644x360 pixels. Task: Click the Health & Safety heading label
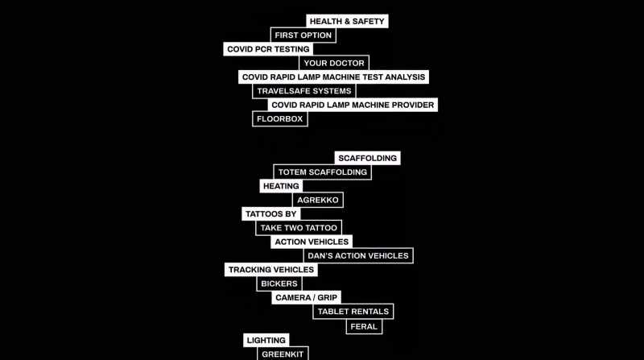pos(347,22)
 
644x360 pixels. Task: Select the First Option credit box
pos(303,35)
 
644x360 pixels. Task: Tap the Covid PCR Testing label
pos(268,49)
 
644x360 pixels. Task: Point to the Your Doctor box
pos(334,64)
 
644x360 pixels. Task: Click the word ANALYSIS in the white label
pos(405,77)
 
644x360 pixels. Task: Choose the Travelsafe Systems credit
pos(304,91)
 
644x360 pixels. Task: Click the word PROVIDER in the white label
pos(413,106)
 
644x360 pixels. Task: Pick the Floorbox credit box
pos(279,119)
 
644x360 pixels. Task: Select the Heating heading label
pos(281,186)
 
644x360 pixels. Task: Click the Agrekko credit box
pos(318,201)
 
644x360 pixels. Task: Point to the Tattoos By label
pos(271,214)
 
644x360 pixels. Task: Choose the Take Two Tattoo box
pos(299,228)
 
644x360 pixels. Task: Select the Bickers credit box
pos(279,284)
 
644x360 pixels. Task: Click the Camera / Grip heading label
pos(307,297)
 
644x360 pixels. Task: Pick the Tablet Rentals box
pos(353,312)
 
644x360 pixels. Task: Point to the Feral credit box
pos(364,327)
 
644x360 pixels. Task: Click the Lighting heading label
pos(266,341)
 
